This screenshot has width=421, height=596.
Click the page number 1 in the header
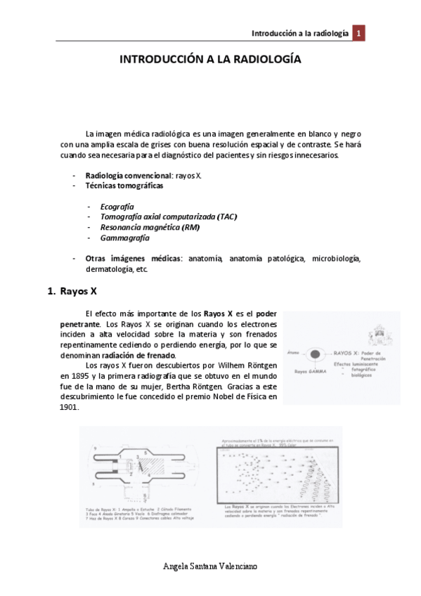pyautogui.click(x=358, y=34)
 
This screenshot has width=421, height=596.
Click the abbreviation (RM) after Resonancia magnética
pyautogui.click(x=190, y=227)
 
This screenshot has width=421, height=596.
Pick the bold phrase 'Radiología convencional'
pyautogui.click(x=127, y=174)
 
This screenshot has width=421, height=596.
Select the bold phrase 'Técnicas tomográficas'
pyautogui.click(x=124, y=186)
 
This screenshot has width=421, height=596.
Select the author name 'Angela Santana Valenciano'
pyautogui.click(x=210, y=566)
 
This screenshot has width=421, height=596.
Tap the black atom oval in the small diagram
pyautogui.click(x=315, y=353)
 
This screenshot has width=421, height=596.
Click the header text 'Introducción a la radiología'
pyautogui.click(x=300, y=34)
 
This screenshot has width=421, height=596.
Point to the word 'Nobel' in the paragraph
pyautogui.click(x=218, y=396)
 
